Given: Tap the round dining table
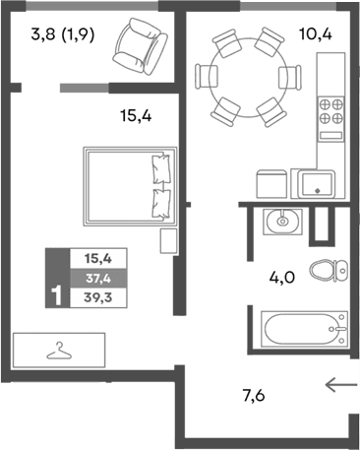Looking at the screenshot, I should coord(246,75).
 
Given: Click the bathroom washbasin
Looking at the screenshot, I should coord(282,221).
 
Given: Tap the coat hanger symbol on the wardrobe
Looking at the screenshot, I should coord(60,350).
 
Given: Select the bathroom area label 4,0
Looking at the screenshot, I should coord(282,278).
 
